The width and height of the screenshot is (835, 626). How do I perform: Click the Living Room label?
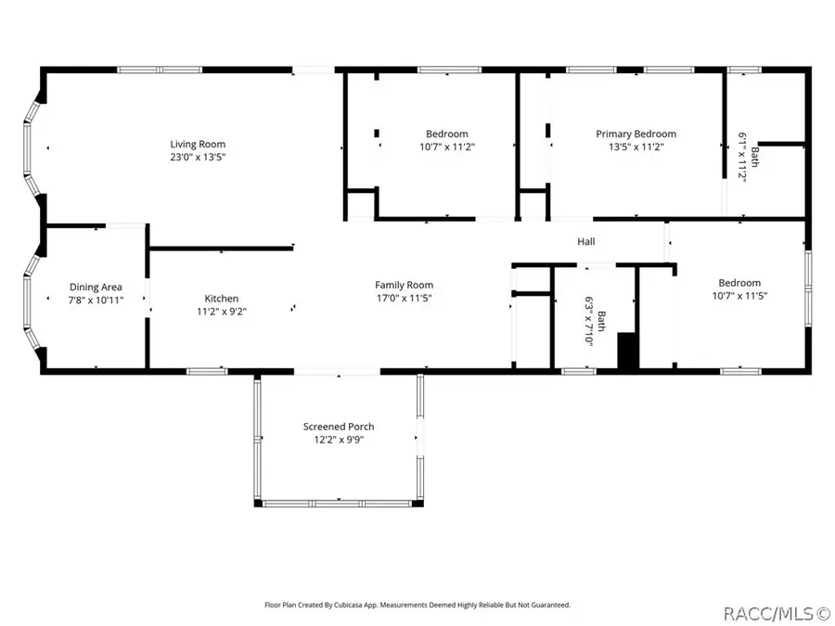pyautogui.click(x=197, y=144)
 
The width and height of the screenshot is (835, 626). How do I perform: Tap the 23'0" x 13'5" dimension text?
pyautogui.click(x=197, y=157)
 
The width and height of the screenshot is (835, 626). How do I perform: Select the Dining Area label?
pyautogui.click(x=96, y=287)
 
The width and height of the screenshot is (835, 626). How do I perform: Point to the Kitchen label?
pyautogui.click(x=222, y=299)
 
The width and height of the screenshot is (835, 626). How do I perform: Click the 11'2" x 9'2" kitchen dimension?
pyautogui.click(x=222, y=312)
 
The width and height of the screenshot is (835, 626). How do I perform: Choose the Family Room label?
pyautogui.click(x=404, y=285)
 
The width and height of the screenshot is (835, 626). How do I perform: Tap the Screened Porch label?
pyautogui.click(x=339, y=427)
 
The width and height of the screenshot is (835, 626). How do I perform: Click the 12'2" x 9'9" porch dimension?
pyautogui.click(x=339, y=440)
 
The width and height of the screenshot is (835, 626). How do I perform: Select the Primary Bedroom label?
pyautogui.click(x=636, y=134)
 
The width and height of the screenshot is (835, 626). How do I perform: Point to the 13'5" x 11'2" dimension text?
pyautogui.click(x=636, y=147)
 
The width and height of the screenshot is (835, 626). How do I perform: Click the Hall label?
pyautogui.click(x=586, y=242)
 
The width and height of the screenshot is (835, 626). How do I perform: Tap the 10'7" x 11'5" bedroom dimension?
pyautogui.click(x=739, y=296)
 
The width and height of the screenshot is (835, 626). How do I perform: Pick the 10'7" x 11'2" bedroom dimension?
pyautogui.click(x=446, y=147)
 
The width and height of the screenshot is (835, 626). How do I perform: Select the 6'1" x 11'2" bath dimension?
pyautogui.click(x=742, y=158)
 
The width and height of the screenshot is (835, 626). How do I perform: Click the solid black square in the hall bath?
pyautogui.click(x=628, y=351)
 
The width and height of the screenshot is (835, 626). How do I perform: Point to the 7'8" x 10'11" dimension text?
pyautogui.click(x=96, y=300)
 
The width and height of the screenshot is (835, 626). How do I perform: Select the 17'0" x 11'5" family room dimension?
pyautogui.click(x=404, y=298)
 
